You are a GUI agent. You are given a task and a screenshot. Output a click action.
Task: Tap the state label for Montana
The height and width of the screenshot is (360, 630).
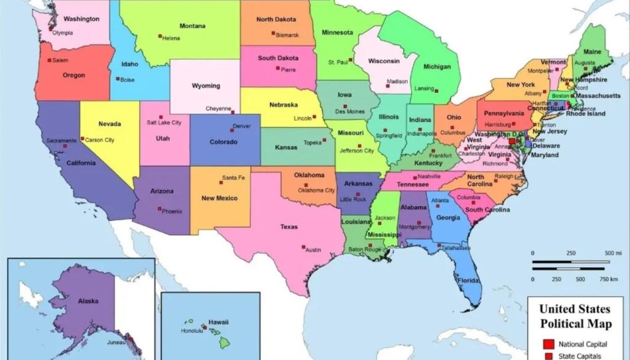click(192, 26)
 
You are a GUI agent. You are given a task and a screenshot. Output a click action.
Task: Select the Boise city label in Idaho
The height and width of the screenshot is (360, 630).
click(127, 80)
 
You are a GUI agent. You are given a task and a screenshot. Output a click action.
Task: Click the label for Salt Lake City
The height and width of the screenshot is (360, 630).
click(164, 122)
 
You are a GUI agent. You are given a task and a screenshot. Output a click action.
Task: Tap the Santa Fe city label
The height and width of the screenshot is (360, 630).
click(233, 178)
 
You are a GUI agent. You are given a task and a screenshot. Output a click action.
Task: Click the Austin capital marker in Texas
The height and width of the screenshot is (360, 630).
click(303, 248)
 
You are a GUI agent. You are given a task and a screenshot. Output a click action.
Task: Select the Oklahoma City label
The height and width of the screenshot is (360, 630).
click(316, 190)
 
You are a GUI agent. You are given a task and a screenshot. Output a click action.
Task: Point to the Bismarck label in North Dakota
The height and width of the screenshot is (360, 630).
click(287, 35)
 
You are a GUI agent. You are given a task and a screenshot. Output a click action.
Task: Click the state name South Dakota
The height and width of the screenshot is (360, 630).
click(278, 58)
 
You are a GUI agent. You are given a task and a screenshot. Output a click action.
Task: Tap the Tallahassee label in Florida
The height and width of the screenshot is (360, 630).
click(456, 248)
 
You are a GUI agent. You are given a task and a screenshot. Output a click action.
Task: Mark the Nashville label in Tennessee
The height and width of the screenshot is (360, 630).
click(429, 177)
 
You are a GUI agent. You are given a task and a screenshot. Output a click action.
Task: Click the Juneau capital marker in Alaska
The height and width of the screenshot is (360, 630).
click(130, 340)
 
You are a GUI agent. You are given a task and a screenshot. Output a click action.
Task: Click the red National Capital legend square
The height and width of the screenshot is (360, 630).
click(546, 343)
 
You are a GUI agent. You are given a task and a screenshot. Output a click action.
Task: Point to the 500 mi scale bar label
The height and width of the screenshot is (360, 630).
click(613, 254)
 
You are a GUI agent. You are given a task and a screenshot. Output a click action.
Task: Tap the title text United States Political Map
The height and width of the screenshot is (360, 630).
click(575, 316)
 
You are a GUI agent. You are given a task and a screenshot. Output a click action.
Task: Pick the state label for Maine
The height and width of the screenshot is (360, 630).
click(592, 52)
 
